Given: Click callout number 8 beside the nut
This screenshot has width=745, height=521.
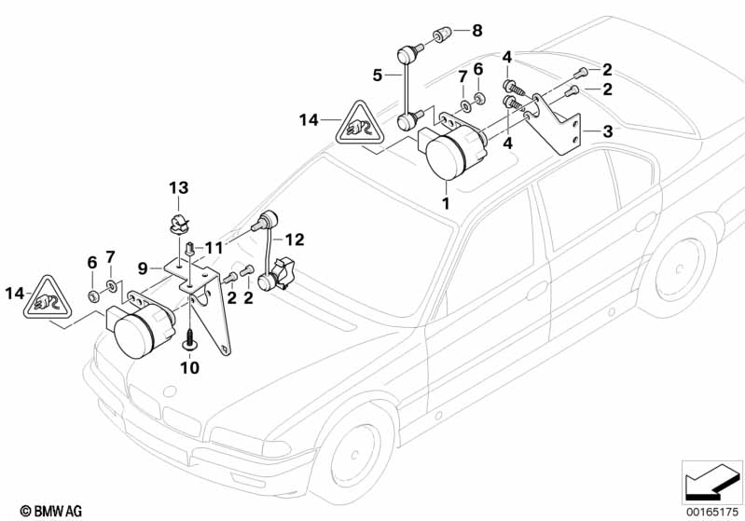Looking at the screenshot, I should click(x=477, y=31).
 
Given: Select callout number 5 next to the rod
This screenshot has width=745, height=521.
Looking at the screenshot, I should click(x=378, y=73).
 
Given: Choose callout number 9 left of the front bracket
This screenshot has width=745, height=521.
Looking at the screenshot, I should click(x=144, y=267).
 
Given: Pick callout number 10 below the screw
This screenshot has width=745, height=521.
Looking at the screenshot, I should click(x=190, y=368).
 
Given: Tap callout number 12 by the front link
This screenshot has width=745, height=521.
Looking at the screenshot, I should click(x=294, y=240).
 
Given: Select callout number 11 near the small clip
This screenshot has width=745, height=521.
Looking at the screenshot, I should click(x=214, y=247).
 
